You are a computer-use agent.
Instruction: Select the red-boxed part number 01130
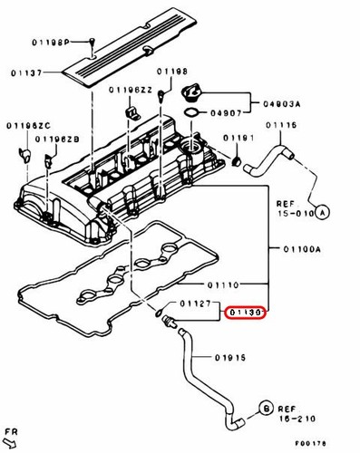tap(246, 313)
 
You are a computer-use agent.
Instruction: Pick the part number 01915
tap(233, 358)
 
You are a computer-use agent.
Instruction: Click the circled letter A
tap(324, 210)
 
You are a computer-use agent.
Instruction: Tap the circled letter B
tap(266, 410)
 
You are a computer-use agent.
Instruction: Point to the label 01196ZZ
tap(128, 90)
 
